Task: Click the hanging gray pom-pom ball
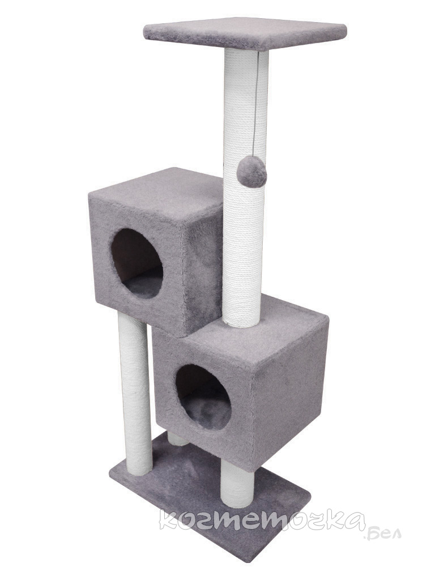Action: click(251, 173)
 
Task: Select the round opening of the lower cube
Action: click(203, 397)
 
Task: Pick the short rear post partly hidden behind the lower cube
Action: click(177, 439)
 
